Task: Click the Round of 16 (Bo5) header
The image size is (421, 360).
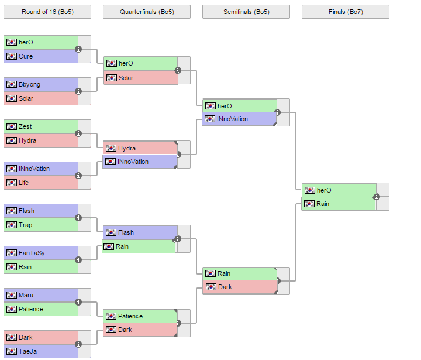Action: coord(47,12)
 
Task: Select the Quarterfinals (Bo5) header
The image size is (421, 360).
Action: coord(147,12)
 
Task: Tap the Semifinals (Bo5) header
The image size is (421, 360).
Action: coord(246,12)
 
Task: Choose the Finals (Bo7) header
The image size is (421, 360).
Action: coord(346,12)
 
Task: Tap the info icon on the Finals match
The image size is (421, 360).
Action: coord(377,197)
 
